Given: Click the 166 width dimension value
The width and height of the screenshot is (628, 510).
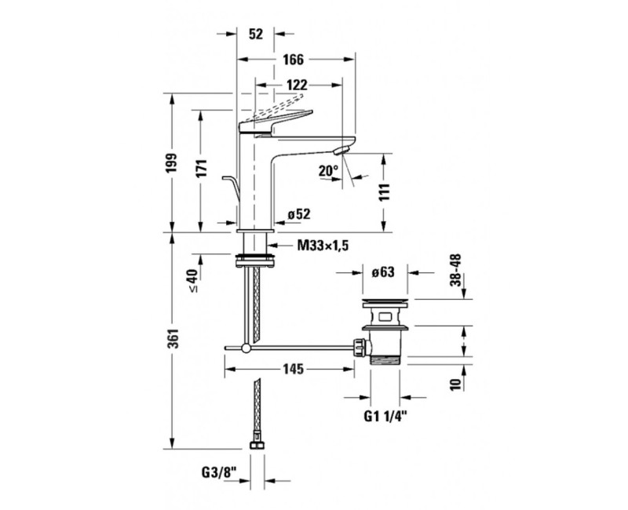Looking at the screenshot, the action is coord(294,60).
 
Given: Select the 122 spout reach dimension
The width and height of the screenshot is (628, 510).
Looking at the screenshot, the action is coord(297,85).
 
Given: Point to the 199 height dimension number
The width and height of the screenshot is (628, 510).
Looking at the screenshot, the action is coord(172,163).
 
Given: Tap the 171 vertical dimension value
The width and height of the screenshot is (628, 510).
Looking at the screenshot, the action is coord(202,168).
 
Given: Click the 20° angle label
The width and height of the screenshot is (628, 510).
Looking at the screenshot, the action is coord(328,171).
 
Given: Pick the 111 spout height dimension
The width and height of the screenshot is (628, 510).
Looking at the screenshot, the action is coord(384,192).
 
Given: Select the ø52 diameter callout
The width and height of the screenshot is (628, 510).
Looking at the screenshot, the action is coord(299,214).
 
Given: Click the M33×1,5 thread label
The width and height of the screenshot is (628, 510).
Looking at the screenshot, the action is coord(323,245).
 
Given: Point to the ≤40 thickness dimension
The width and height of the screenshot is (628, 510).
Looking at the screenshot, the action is coord(192,281).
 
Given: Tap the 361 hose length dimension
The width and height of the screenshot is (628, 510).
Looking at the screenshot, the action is coord(172,339).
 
